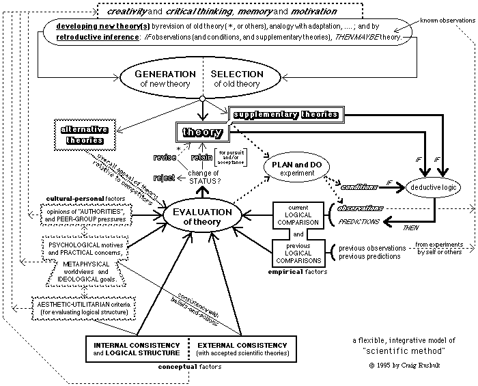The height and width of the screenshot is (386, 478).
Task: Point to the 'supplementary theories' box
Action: point(285,114)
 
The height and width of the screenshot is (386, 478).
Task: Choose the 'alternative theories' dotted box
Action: point(81,134)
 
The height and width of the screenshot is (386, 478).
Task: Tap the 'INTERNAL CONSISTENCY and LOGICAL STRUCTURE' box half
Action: point(137,348)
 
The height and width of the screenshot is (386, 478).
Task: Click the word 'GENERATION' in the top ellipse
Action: point(166,73)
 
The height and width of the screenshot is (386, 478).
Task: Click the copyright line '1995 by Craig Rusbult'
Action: point(404,366)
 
